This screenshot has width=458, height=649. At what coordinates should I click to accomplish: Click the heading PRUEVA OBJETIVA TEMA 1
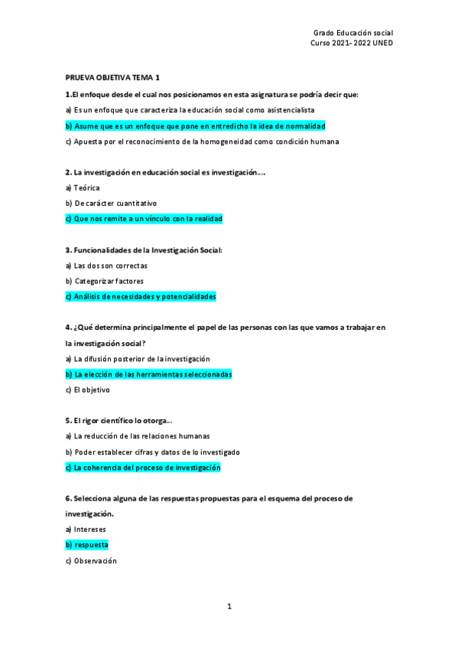point(112,78)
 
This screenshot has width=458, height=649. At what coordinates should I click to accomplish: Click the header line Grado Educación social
point(352,33)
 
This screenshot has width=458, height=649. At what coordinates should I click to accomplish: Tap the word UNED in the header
point(382,43)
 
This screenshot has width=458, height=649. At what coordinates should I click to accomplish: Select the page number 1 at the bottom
point(229,606)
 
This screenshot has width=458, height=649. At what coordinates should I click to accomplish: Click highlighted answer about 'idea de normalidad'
point(196,126)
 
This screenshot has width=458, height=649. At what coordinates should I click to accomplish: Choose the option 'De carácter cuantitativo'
point(111,204)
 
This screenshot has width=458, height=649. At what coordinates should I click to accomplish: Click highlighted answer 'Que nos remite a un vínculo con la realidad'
point(144,219)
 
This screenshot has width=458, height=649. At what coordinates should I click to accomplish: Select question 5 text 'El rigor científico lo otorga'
point(119,421)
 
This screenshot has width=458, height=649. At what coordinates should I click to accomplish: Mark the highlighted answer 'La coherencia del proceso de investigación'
point(143,468)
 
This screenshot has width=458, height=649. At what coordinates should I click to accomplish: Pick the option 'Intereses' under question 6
point(86,530)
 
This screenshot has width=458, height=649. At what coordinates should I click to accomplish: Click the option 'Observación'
point(91,561)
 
